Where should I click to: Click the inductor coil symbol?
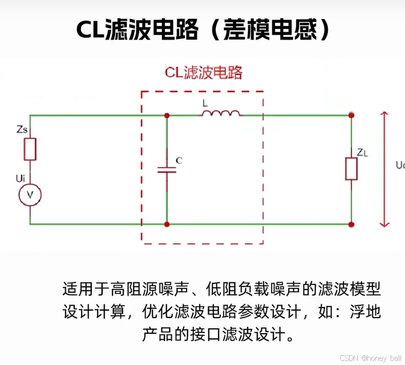[x=221, y=113]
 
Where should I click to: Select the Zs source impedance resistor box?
[x=30, y=149]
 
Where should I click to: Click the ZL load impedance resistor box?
[x=352, y=169]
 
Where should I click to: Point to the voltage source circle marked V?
[x=30, y=195]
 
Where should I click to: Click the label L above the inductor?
[x=205, y=103]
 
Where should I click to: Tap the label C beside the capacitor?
[x=179, y=160]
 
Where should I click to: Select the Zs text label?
[x=22, y=129]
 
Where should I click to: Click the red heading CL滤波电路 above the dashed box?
[x=204, y=72]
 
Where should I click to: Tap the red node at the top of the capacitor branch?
[x=167, y=115]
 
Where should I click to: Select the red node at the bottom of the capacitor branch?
[x=167, y=224]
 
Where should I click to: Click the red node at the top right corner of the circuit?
[x=352, y=115]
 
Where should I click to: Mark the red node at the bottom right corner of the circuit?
[x=352, y=224]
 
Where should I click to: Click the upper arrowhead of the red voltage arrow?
[x=384, y=114]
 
